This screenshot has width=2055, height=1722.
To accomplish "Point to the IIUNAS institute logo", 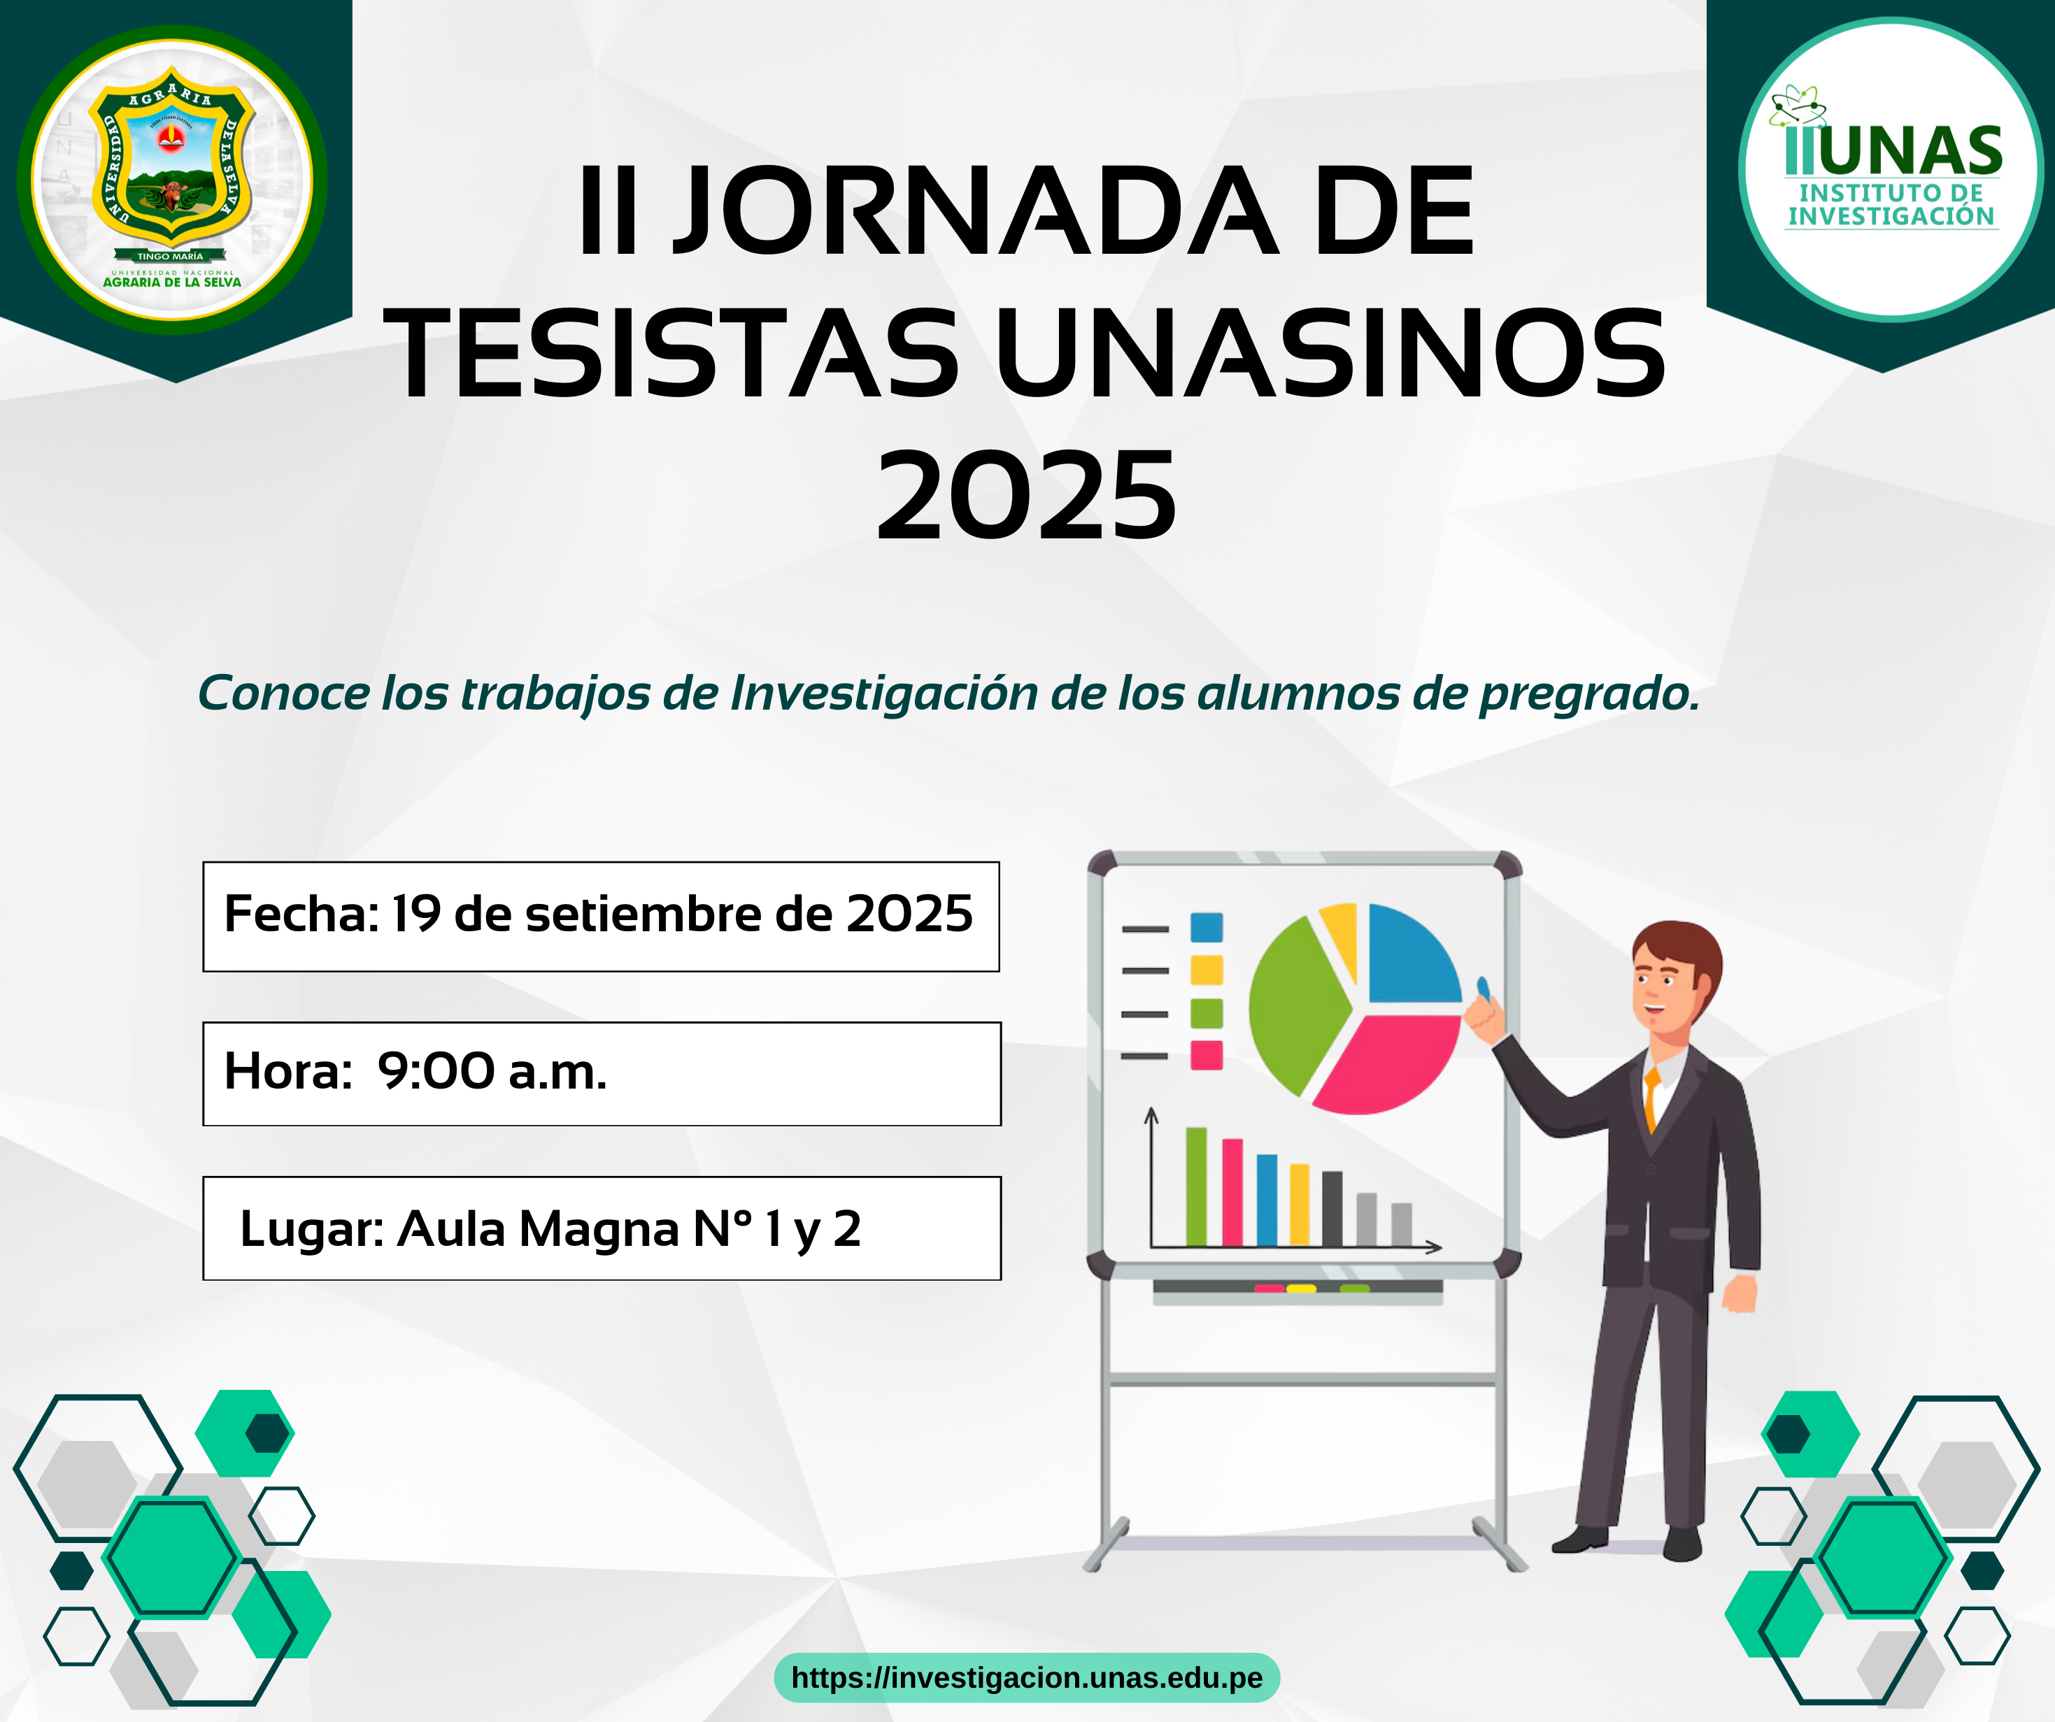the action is [1891, 168].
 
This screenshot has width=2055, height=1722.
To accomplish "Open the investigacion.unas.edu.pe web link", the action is [1027, 1678].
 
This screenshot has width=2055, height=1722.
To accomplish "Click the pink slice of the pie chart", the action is [1388, 1066].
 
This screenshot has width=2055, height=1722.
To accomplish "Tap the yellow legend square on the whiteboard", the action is [1207, 970].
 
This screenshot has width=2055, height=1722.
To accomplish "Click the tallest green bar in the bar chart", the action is [1196, 1187].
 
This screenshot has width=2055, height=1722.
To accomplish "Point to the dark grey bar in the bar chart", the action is [1332, 1208].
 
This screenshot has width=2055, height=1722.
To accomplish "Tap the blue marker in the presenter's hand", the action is [1483, 989].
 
